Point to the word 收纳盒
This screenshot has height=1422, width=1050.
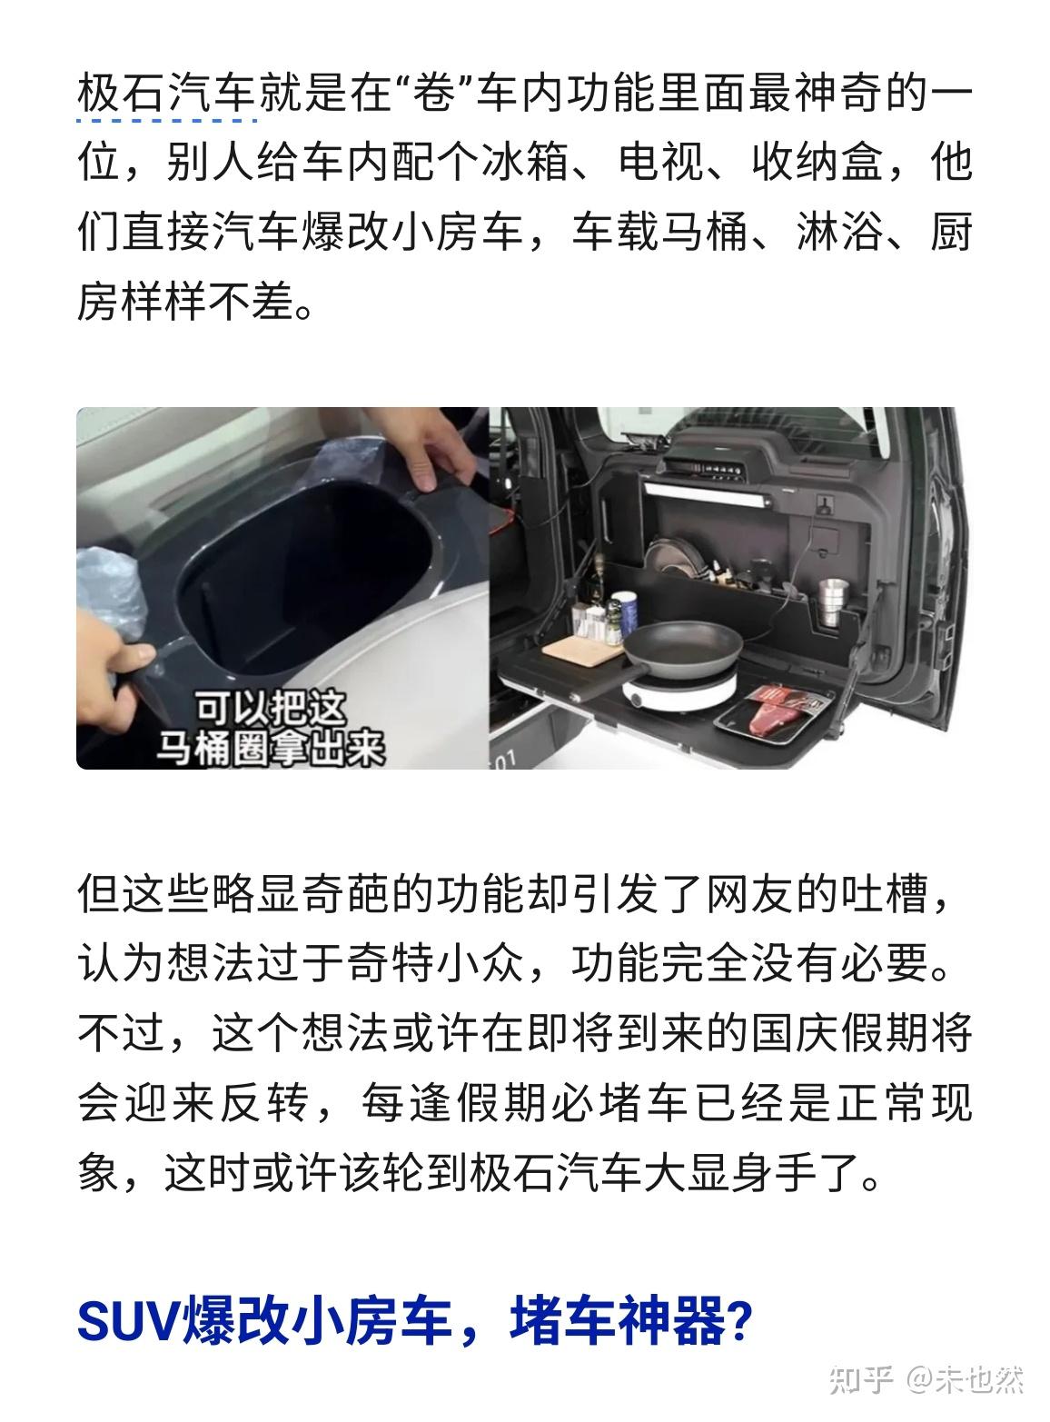click(x=817, y=163)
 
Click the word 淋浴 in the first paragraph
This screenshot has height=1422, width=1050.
click(x=839, y=232)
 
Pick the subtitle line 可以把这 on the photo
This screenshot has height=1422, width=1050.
click(x=270, y=708)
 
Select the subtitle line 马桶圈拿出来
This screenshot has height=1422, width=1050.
click(x=270, y=747)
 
